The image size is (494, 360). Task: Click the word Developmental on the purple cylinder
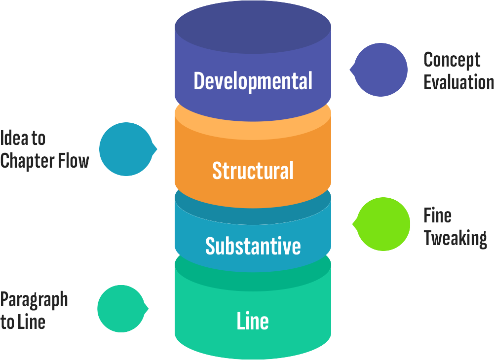[253, 81]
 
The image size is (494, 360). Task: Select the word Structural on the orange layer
[253, 171]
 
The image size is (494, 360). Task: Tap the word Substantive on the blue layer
[253, 246]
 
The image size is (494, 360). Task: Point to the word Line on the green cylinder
[253, 321]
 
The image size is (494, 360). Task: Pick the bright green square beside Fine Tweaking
[381, 224]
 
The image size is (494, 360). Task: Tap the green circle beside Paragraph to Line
[122, 309]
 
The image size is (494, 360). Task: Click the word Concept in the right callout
[452, 60]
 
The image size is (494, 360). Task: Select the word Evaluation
[458, 82]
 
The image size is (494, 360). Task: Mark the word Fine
[438, 216]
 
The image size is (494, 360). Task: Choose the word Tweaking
[455, 238]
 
